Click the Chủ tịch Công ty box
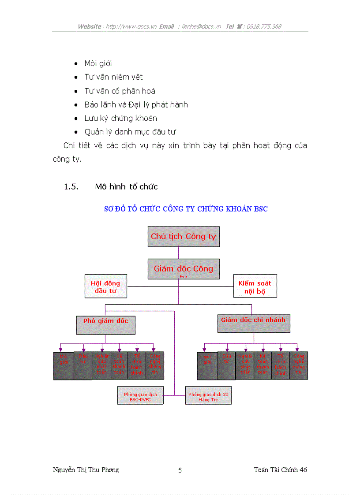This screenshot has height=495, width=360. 183,237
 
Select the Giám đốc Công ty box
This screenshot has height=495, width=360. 183,269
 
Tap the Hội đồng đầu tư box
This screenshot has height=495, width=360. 105,287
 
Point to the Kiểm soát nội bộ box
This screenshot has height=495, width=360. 255,287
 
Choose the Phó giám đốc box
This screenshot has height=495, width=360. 106,324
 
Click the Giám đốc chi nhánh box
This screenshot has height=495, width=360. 254,324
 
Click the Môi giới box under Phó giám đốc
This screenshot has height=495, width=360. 64,365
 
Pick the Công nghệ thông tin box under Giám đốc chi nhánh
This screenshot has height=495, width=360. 299,365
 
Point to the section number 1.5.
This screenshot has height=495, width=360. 71,187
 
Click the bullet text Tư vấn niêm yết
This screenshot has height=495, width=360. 114,77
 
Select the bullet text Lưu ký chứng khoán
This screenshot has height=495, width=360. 120,118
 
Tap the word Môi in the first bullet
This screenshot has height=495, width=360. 90,63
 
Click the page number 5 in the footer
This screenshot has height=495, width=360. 180,470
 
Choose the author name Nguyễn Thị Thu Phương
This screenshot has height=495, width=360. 86,470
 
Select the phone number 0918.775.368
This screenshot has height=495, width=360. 264,26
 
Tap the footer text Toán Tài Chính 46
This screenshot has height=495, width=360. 280,470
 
